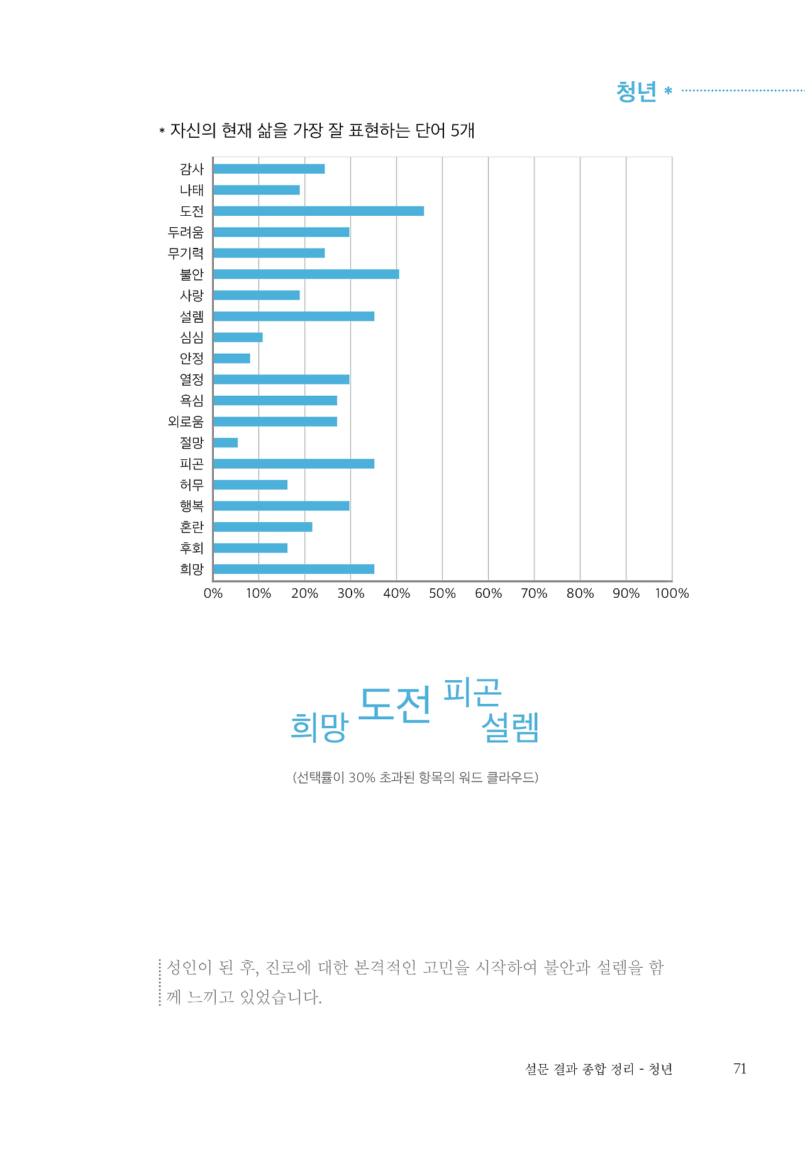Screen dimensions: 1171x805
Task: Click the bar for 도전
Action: pos(318,211)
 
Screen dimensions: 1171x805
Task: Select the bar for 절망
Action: pos(225,442)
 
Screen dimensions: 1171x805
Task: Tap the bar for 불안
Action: pos(306,274)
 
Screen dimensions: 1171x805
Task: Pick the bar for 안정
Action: pos(231,358)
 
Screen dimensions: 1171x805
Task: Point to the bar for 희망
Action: pos(294,569)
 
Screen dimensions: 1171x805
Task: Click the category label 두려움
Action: pos(186,232)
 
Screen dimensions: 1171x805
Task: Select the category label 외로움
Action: pos(186,422)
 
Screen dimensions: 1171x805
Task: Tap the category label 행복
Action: pos(191,506)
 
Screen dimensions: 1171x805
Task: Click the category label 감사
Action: pos(191,169)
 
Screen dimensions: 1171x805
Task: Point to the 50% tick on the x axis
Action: pos(442,593)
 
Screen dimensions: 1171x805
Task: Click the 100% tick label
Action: pos(672,593)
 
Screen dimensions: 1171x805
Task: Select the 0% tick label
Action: pos(213,593)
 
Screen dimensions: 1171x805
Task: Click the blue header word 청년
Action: pos(636,92)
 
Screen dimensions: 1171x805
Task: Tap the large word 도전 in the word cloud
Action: pos(395,704)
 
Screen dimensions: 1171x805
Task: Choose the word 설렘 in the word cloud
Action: pos(510,727)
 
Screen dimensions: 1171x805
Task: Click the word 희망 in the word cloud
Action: pos(319,727)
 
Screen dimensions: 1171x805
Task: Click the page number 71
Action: pos(740,1068)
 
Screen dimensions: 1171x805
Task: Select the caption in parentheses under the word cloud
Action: pos(415,777)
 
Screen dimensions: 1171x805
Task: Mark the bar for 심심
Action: pos(238,337)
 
